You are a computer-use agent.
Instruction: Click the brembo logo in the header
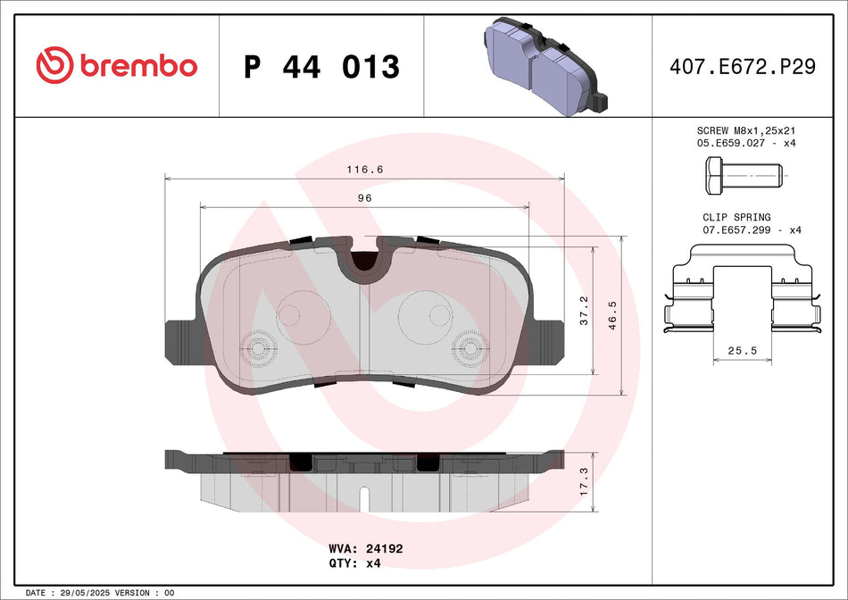116,65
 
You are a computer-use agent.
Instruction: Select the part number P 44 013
321,67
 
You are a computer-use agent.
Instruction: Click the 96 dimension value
365,198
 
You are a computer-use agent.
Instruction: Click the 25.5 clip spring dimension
742,351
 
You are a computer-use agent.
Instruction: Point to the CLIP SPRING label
736,217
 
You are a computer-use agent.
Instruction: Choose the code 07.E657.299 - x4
752,230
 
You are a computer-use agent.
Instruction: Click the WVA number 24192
386,549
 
